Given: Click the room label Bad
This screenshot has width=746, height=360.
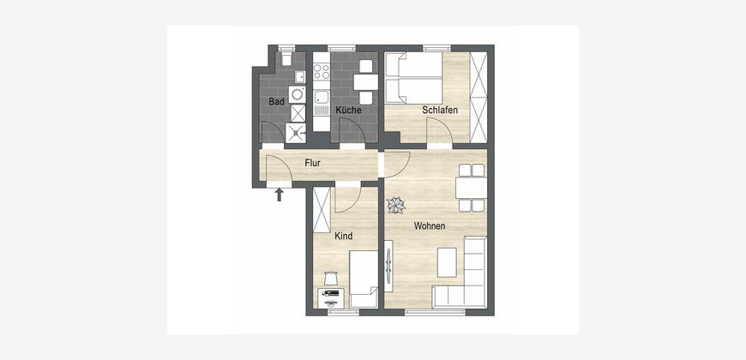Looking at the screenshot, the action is coord(276,102).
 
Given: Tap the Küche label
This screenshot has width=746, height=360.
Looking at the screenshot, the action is coord(348,111).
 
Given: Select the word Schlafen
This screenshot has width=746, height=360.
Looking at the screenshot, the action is coord(440,111).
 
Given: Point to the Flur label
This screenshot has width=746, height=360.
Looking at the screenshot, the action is coord(313,163).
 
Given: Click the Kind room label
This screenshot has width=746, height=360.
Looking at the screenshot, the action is coord(344,236).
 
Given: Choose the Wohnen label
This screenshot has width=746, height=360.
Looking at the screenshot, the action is coord(430,226).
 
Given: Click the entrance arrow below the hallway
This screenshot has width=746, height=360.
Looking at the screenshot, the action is coord(280,194).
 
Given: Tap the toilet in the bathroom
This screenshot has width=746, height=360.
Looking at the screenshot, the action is coord(286,58).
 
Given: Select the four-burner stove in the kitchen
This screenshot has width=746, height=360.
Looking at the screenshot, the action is coord(322,72).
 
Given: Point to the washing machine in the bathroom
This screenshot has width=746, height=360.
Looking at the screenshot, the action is coord(298,94).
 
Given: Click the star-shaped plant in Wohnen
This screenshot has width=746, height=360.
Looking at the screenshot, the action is coord(396,206).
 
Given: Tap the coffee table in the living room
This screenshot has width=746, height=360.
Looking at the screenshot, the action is coord(447,262).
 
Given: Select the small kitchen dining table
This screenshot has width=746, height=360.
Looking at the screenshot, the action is coord(365,82).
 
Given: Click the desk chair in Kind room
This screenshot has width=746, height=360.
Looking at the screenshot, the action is coord(331,277).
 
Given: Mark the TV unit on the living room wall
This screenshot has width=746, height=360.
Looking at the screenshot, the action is coord(388,267).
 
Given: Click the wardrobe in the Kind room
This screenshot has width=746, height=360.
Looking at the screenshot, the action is coord(322,210).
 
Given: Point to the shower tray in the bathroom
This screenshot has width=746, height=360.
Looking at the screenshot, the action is coord(296,133).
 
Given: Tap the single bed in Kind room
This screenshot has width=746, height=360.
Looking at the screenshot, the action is coord(364,279).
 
